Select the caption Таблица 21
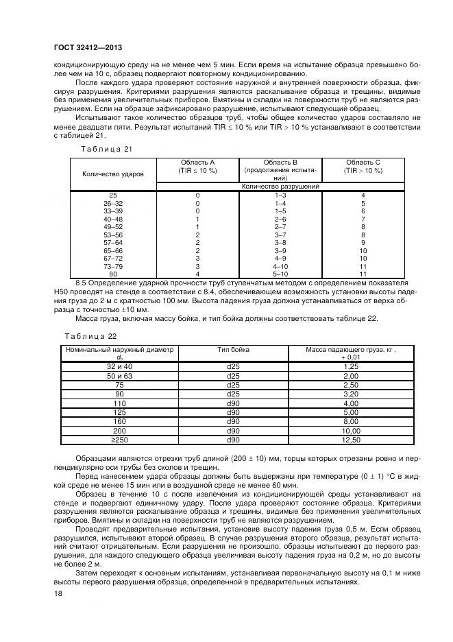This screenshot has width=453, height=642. pyautogui.click(x=102, y=148)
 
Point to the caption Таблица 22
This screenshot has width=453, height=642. pyautogui.click(x=90, y=336)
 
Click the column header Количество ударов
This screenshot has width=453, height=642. pyautogui.click(x=114, y=174)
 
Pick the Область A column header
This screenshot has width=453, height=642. pyautogui.click(x=197, y=166)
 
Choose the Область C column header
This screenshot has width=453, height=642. pyautogui.click(x=363, y=166)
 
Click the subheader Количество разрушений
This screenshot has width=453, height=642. pyautogui.click(x=280, y=186)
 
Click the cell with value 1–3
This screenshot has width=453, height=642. pyautogui.click(x=280, y=195)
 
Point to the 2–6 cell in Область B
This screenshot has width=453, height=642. pyautogui.click(x=280, y=219)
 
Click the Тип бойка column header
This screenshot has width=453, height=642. pyautogui.click(x=234, y=350)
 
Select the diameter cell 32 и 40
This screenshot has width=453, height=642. pyautogui.click(x=119, y=367)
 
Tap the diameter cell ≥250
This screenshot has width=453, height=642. pyautogui.click(x=119, y=440)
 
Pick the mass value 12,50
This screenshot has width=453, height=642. pyautogui.click(x=351, y=440)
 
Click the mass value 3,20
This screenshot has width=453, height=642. pyautogui.click(x=351, y=394)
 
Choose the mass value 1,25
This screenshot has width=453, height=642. pyautogui.click(x=351, y=367)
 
